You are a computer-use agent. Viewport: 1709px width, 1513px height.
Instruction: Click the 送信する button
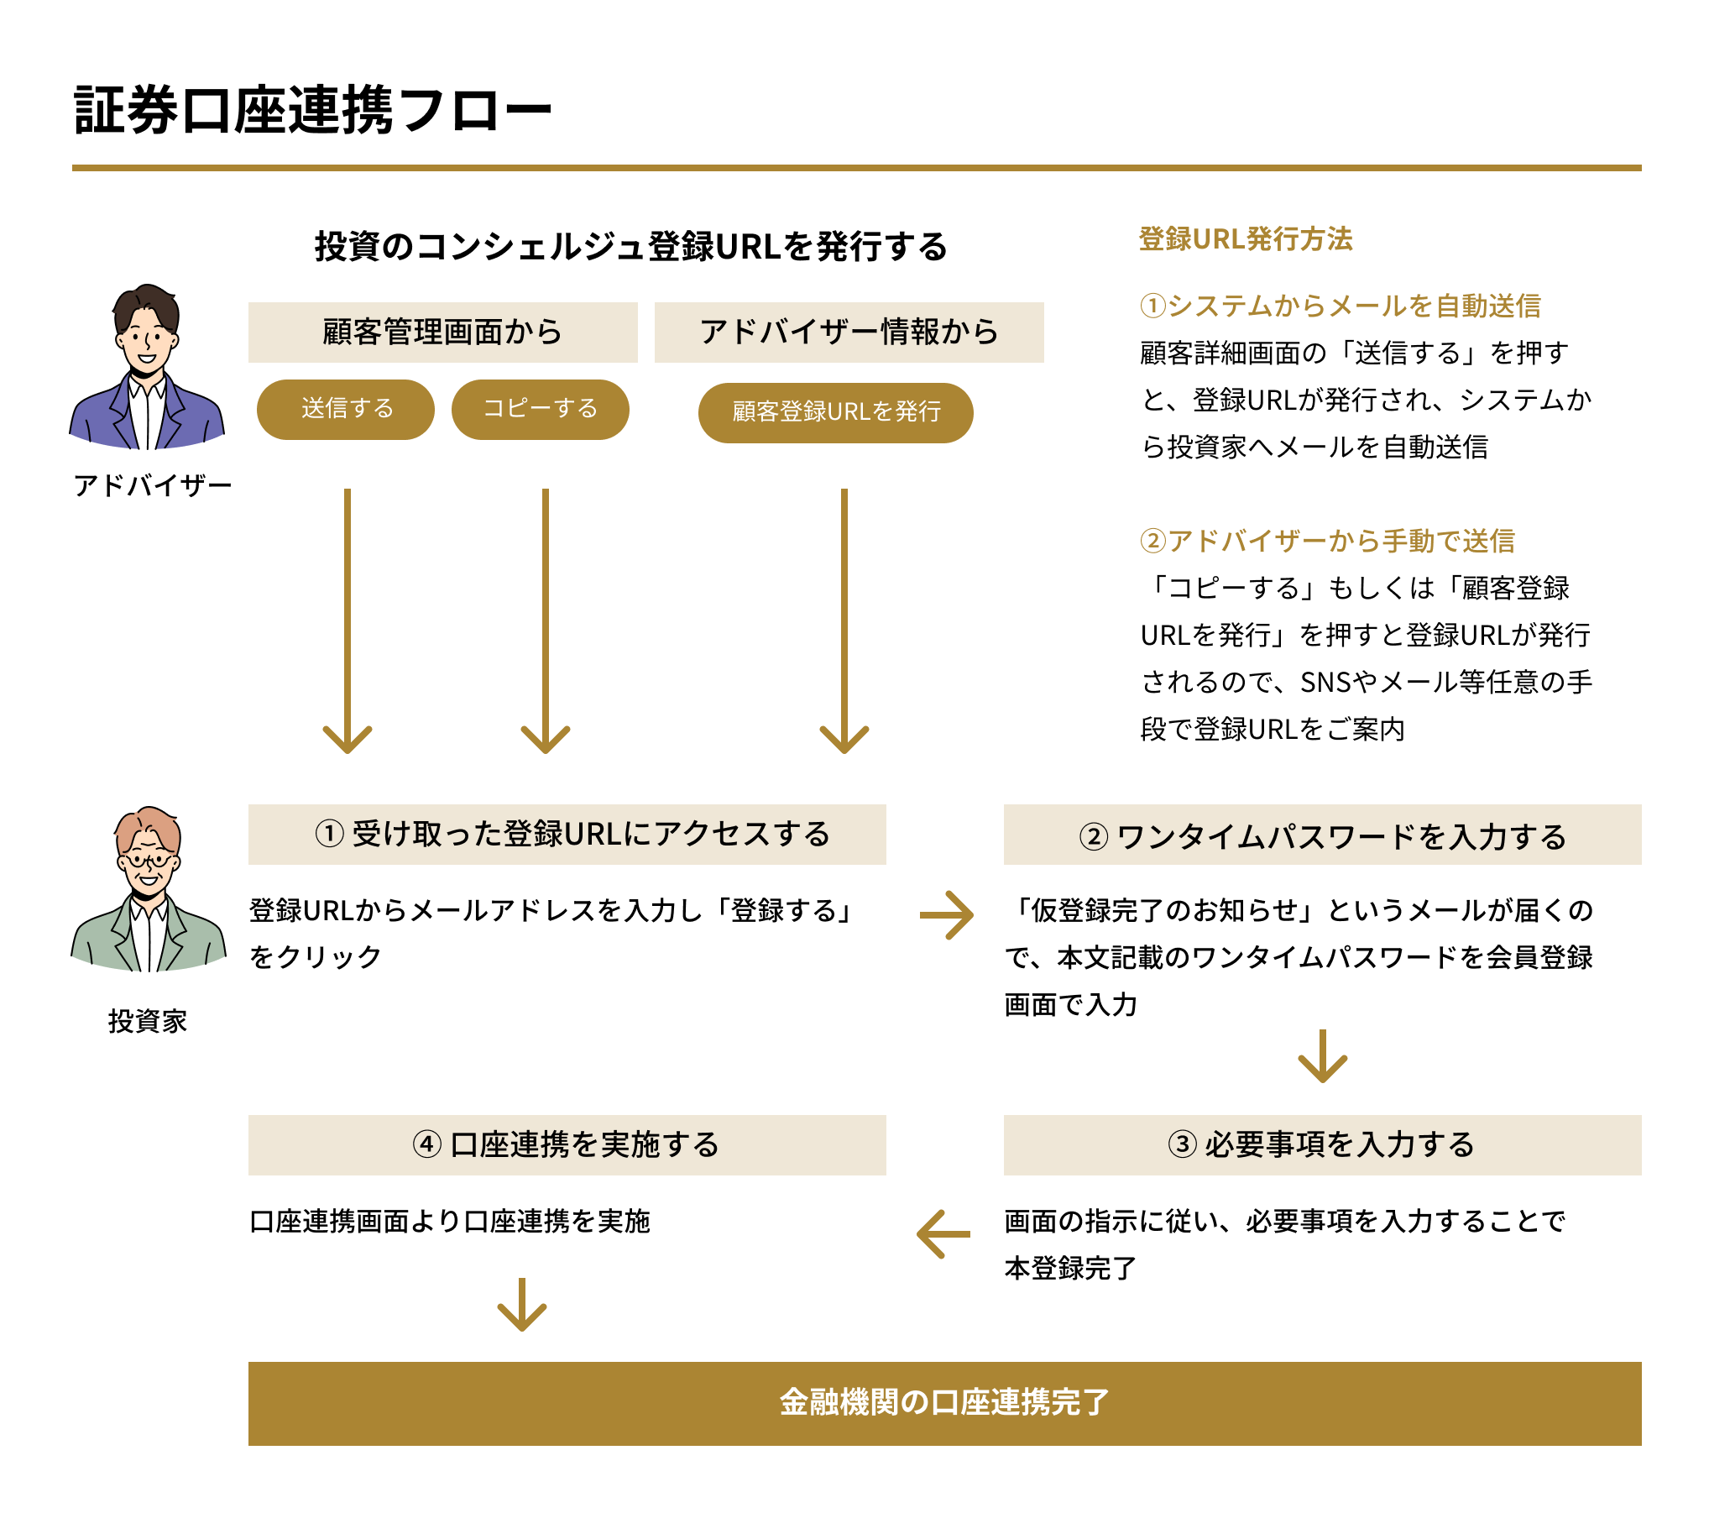(346, 410)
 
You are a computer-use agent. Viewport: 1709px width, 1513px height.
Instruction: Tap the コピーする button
(541, 410)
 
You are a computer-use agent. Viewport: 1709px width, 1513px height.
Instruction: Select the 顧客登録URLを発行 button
(835, 412)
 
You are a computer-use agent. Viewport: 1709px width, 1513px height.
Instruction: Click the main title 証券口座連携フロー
(312, 110)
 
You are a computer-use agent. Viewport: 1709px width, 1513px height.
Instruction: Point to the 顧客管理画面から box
(442, 332)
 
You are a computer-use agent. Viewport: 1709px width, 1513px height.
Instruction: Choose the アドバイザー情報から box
(849, 332)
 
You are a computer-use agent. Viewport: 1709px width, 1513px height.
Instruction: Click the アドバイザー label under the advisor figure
(152, 485)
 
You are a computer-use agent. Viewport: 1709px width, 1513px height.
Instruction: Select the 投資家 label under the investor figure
(148, 1021)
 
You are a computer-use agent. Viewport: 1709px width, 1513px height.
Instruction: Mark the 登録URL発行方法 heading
(1246, 239)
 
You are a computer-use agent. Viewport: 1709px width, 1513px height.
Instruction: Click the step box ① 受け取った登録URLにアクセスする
(567, 835)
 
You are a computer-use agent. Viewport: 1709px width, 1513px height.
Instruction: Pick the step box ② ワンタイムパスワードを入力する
(1322, 835)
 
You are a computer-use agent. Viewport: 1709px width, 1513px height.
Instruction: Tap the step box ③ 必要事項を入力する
(1322, 1145)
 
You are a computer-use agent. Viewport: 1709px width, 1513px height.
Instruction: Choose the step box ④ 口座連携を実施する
(567, 1145)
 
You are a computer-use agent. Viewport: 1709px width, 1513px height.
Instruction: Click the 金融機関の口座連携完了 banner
(944, 1403)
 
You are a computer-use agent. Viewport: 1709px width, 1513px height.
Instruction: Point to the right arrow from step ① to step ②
(947, 914)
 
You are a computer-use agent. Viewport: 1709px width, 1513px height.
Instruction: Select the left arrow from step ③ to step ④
(943, 1233)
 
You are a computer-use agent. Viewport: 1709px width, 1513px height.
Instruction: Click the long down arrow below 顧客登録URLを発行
(844, 621)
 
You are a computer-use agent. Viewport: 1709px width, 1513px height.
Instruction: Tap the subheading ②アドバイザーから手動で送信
(1327, 542)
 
